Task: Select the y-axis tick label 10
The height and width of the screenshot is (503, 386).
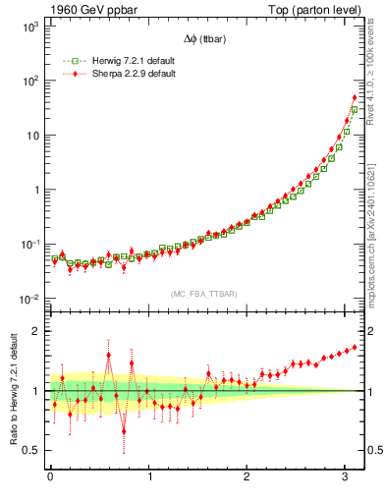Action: pyautogui.click(x=31, y=136)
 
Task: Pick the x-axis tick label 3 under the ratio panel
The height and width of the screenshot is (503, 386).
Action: pyautogui.click(x=348, y=477)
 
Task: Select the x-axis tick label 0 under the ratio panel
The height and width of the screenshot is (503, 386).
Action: pyautogui.click(x=50, y=477)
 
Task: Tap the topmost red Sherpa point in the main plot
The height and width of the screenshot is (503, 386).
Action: pyautogui.click(x=355, y=97)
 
